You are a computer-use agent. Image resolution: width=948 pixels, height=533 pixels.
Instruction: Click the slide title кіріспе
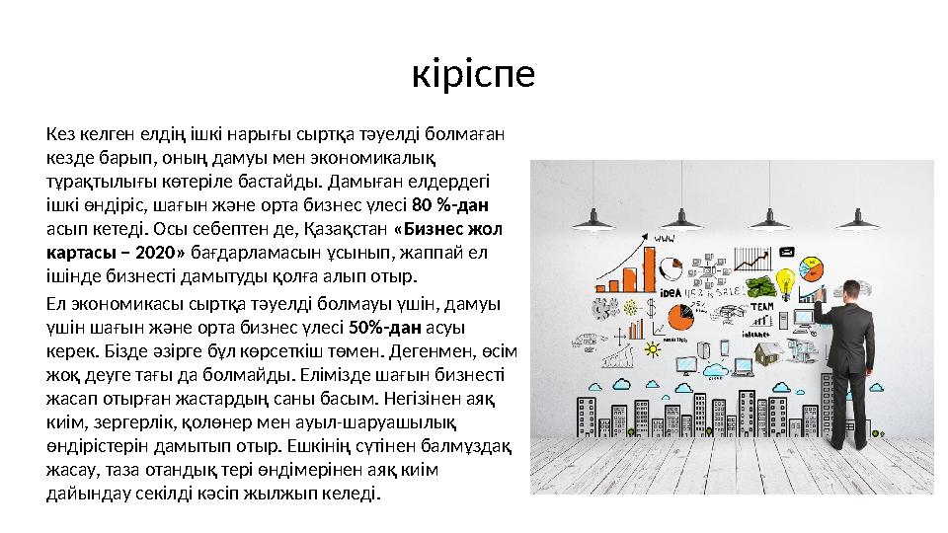coord(473,74)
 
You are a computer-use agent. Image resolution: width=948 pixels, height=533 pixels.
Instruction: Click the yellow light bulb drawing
coord(786,283)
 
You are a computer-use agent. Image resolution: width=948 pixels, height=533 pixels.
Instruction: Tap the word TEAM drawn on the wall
coord(761,307)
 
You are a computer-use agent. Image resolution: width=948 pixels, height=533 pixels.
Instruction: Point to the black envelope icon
coord(786,252)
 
